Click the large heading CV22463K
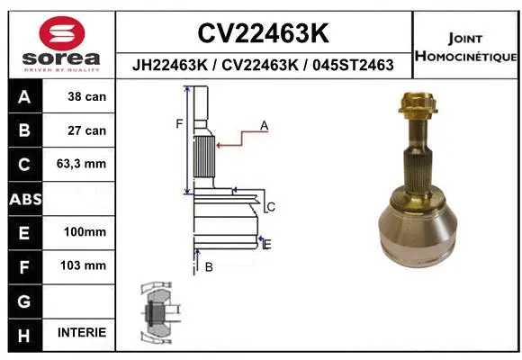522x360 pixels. pos(263,33)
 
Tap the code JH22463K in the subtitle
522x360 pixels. pos(168,66)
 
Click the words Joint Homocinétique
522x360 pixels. pos(465,47)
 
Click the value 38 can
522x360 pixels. pos(85,95)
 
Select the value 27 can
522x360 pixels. pos(85,130)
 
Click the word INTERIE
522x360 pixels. pos(81,333)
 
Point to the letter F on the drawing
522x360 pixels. pos(179,124)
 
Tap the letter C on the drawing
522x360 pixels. pos(271,207)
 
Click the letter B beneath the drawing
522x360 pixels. pos(208,266)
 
